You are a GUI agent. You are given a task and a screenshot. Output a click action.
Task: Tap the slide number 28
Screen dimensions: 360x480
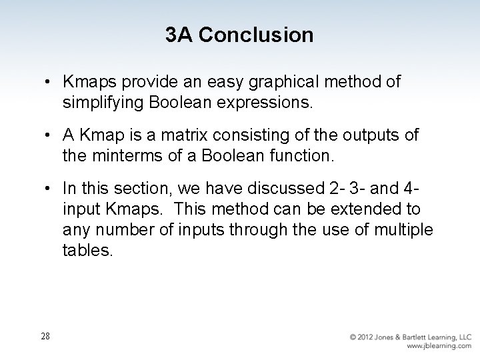point(44,336)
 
